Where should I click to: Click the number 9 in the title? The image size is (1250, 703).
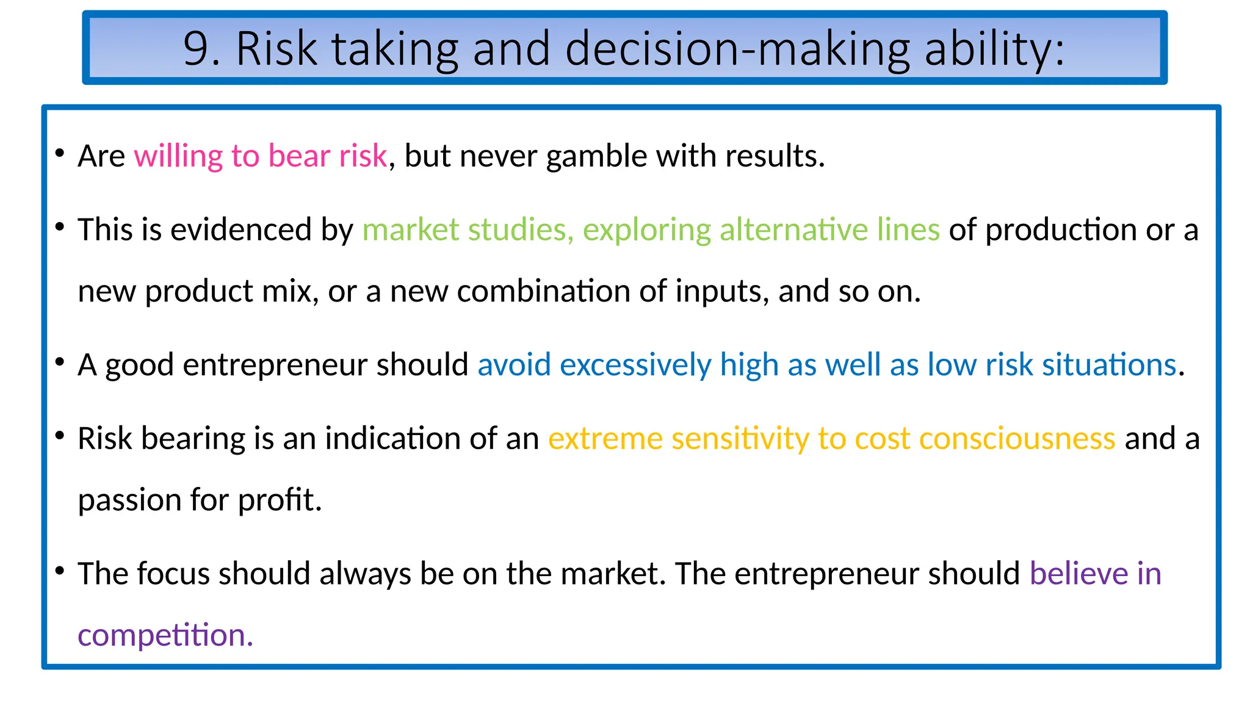(x=197, y=49)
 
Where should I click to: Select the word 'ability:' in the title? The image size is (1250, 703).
(x=994, y=49)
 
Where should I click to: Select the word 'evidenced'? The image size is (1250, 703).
(x=241, y=230)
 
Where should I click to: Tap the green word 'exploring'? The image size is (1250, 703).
(x=646, y=230)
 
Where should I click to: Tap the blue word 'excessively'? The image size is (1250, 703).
(x=635, y=365)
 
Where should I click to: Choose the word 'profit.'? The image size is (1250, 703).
(x=280, y=500)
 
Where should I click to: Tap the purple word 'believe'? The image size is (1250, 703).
(x=1078, y=574)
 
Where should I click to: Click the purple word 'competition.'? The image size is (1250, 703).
(x=165, y=635)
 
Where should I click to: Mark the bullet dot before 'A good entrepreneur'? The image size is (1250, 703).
(x=60, y=363)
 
